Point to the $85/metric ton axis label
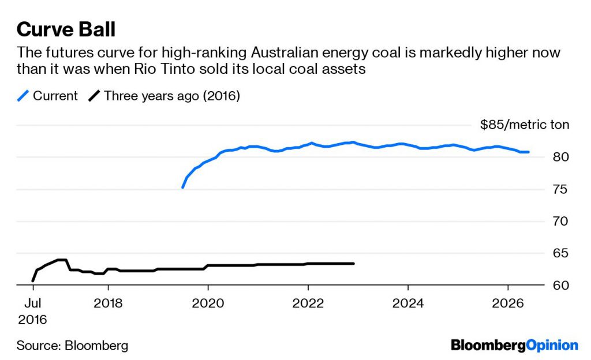(x=524, y=125)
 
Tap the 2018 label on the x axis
(x=109, y=303)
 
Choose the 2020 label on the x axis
(x=208, y=303)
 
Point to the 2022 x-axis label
(x=308, y=303)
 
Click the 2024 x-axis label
(x=408, y=303)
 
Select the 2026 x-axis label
(x=508, y=303)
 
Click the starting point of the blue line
(x=183, y=187)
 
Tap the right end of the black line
(x=353, y=264)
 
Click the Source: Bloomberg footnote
(x=72, y=346)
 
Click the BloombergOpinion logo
(x=514, y=346)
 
